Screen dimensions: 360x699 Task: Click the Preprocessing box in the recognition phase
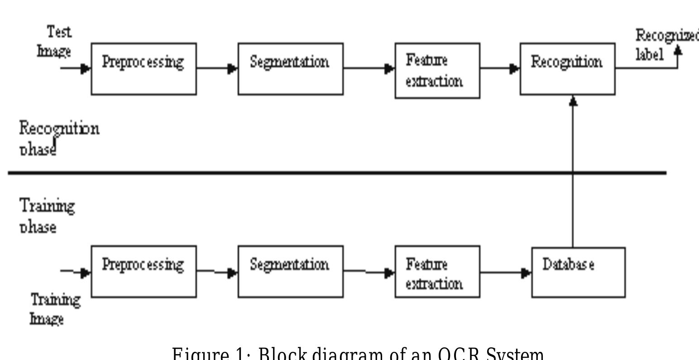click(144, 69)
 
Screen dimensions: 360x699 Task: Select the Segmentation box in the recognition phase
click(290, 69)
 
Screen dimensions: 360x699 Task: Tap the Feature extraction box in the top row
click(437, 71)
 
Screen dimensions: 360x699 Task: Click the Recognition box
click(567, 69)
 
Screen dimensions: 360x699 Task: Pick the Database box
click(579, 272)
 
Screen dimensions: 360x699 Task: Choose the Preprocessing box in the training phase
click(144, 271)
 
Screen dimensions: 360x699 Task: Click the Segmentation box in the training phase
click(290, 271)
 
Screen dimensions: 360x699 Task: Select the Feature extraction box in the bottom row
click(437, 271)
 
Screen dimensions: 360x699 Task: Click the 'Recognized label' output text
click(663, 45)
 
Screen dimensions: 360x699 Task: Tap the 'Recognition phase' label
click(59, 138)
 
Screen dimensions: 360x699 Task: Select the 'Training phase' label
click(47, 216)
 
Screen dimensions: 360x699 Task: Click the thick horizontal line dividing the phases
click(337, 173)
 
